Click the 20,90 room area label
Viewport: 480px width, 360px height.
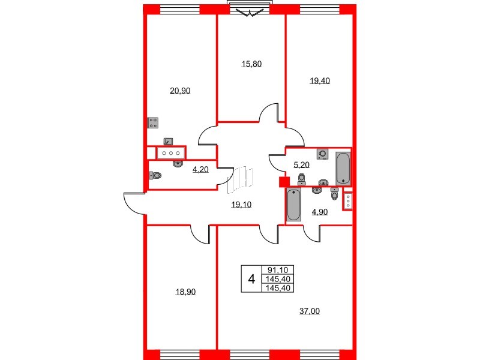point(180,91)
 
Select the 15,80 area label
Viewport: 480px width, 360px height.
point(251,64)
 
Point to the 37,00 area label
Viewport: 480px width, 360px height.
point(308,311)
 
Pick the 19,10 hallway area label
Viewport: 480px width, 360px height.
point(241,205)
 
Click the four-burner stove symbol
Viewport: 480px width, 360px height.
point(153,122)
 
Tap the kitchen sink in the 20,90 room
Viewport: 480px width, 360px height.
point(169,142)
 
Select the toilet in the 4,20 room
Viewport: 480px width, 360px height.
point(155,176)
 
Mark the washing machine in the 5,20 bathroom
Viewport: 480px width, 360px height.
point(323,154)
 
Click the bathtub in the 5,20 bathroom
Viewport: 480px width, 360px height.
point(343,169)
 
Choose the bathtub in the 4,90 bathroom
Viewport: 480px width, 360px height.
point(293,205)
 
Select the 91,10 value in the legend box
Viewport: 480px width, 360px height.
point(279,271)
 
